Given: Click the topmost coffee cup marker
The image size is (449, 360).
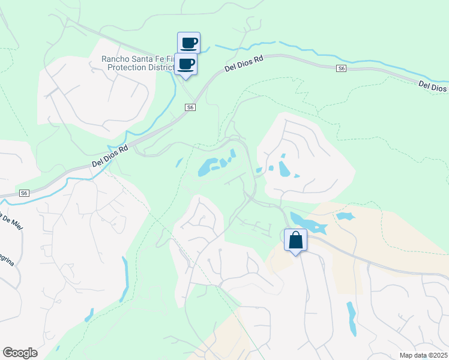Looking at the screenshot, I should tap(188, 43).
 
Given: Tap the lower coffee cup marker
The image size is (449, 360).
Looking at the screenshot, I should tap(186, 64).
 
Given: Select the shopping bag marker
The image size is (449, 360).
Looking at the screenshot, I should tap(295, 241).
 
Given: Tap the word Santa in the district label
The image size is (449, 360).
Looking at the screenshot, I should tap(146, 59).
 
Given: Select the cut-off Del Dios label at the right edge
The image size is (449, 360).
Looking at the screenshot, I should tap(433, 86).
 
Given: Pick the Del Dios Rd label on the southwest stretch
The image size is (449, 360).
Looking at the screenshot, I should tap(110, 155).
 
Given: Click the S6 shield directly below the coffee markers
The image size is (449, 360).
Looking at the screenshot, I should tap(190, 107).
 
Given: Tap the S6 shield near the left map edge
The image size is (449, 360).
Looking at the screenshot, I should tap(23, 193).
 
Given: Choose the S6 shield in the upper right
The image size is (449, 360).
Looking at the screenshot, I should tap(341, 69).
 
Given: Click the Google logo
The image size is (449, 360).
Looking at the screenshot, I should tap(20, 353).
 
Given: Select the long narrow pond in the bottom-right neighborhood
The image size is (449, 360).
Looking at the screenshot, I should tap(351, 317).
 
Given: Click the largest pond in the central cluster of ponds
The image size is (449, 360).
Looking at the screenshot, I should tap(208, 167).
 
